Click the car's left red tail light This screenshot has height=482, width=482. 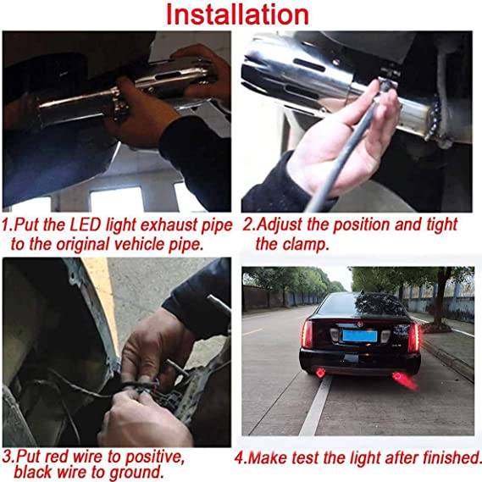307,333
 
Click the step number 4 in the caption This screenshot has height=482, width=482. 240,458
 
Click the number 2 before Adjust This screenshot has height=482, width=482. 247,225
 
